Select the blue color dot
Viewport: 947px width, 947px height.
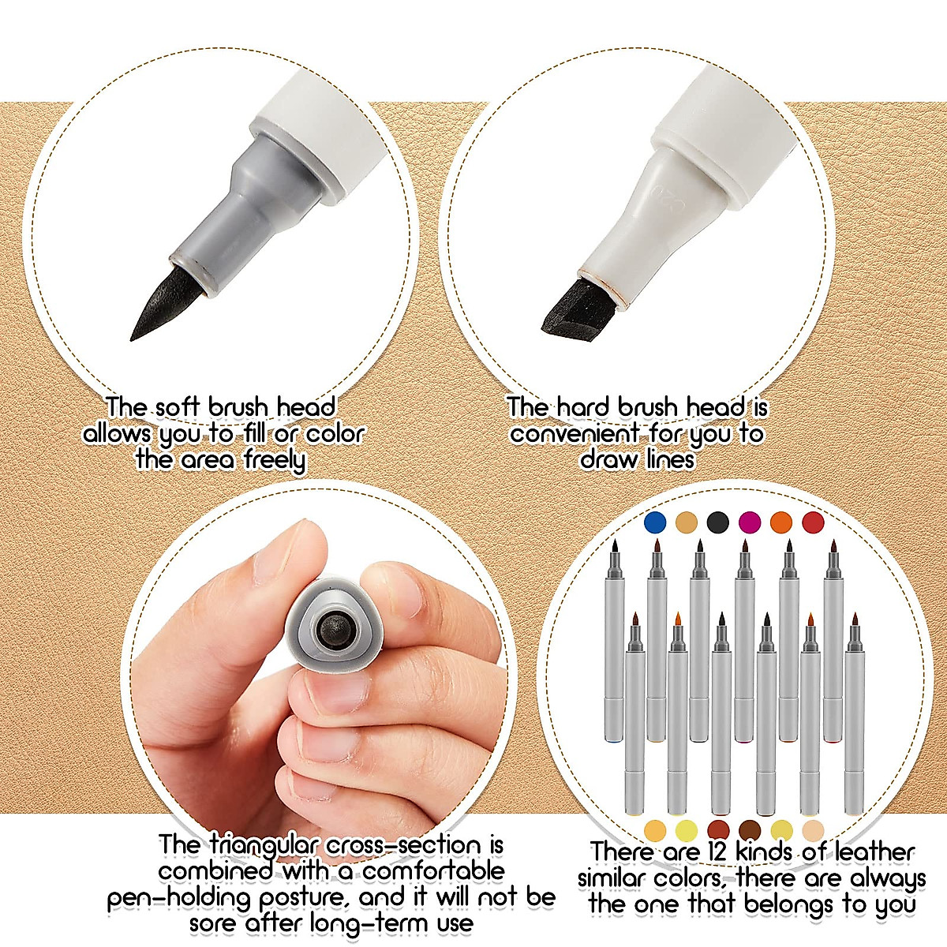tap(655, 522)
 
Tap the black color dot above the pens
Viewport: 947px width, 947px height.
tap(717, 522)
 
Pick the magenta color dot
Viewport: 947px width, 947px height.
tap(749, 522)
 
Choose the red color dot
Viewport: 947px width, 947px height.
tap(813, 522)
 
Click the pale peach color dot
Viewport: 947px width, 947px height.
tap(813, 829)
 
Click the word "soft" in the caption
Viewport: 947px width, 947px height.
tap(177, 407)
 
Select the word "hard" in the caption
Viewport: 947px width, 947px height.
tap(583, 407)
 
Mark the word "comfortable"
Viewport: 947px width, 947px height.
tap(433, 871)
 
